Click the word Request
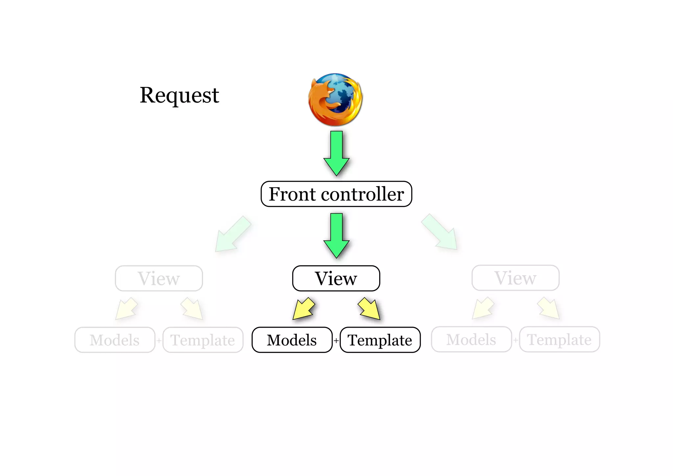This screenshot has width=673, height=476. [x=179, y=95]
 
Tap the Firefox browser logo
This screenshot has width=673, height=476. [x=335, y=99]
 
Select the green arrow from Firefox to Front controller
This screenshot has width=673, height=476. [x=336, y=153]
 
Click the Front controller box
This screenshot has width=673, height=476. [x=336, y=194]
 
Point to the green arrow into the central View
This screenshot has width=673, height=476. [x=336, y=235]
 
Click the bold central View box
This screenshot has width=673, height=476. [x=336, y=278]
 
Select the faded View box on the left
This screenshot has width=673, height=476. [x=159, y=278]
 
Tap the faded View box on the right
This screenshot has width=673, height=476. [x=515, y=278]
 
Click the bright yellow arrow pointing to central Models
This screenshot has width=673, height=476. [x=303, y=309]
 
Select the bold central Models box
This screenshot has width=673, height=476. [x=292, y=340]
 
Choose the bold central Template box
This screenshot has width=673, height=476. [x=380, y=340]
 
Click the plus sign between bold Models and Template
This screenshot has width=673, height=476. [x=336, y=341]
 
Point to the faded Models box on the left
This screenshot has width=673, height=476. [x=115, y=340]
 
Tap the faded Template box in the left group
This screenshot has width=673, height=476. [x=203, y=340]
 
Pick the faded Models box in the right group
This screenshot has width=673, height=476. [x=471, y=339]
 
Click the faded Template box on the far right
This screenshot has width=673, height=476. [x=559, y=339]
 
